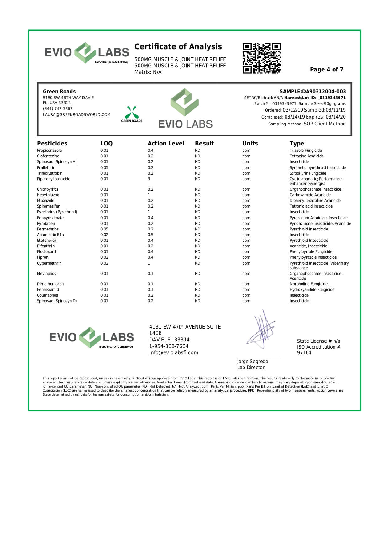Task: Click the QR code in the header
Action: point(261,58)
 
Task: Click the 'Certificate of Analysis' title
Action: point(178,47)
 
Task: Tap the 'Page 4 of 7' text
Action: point(326,70)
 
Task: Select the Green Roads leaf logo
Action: point(132,113)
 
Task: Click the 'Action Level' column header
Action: point(166,144)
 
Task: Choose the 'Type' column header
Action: point(297,144)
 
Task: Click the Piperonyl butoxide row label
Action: point(54,179)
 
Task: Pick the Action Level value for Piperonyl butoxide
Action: point(149,179)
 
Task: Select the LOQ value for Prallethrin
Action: point(104,168)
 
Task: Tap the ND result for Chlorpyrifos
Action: point(197,189)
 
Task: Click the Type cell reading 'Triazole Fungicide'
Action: point(306,151)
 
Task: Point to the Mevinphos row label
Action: point(46,274)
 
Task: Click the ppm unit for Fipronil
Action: point(246,257)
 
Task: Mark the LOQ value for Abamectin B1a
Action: point(104,235)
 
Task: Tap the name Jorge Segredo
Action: point(252,362)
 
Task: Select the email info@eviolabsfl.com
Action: point(174,353)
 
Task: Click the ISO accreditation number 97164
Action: point(304,353)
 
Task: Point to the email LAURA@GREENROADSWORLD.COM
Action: point(76,115)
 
